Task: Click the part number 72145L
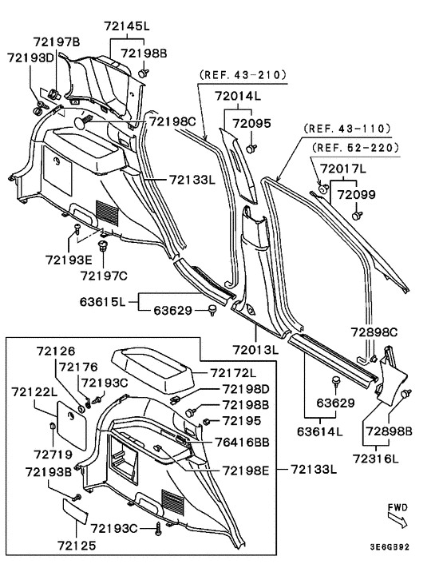[126, 26]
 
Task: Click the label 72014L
[237, 96]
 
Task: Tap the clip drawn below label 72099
[357, 213]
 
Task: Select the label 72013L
[255, 350]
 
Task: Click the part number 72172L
[234, 372]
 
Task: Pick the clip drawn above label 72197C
[103, 245]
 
